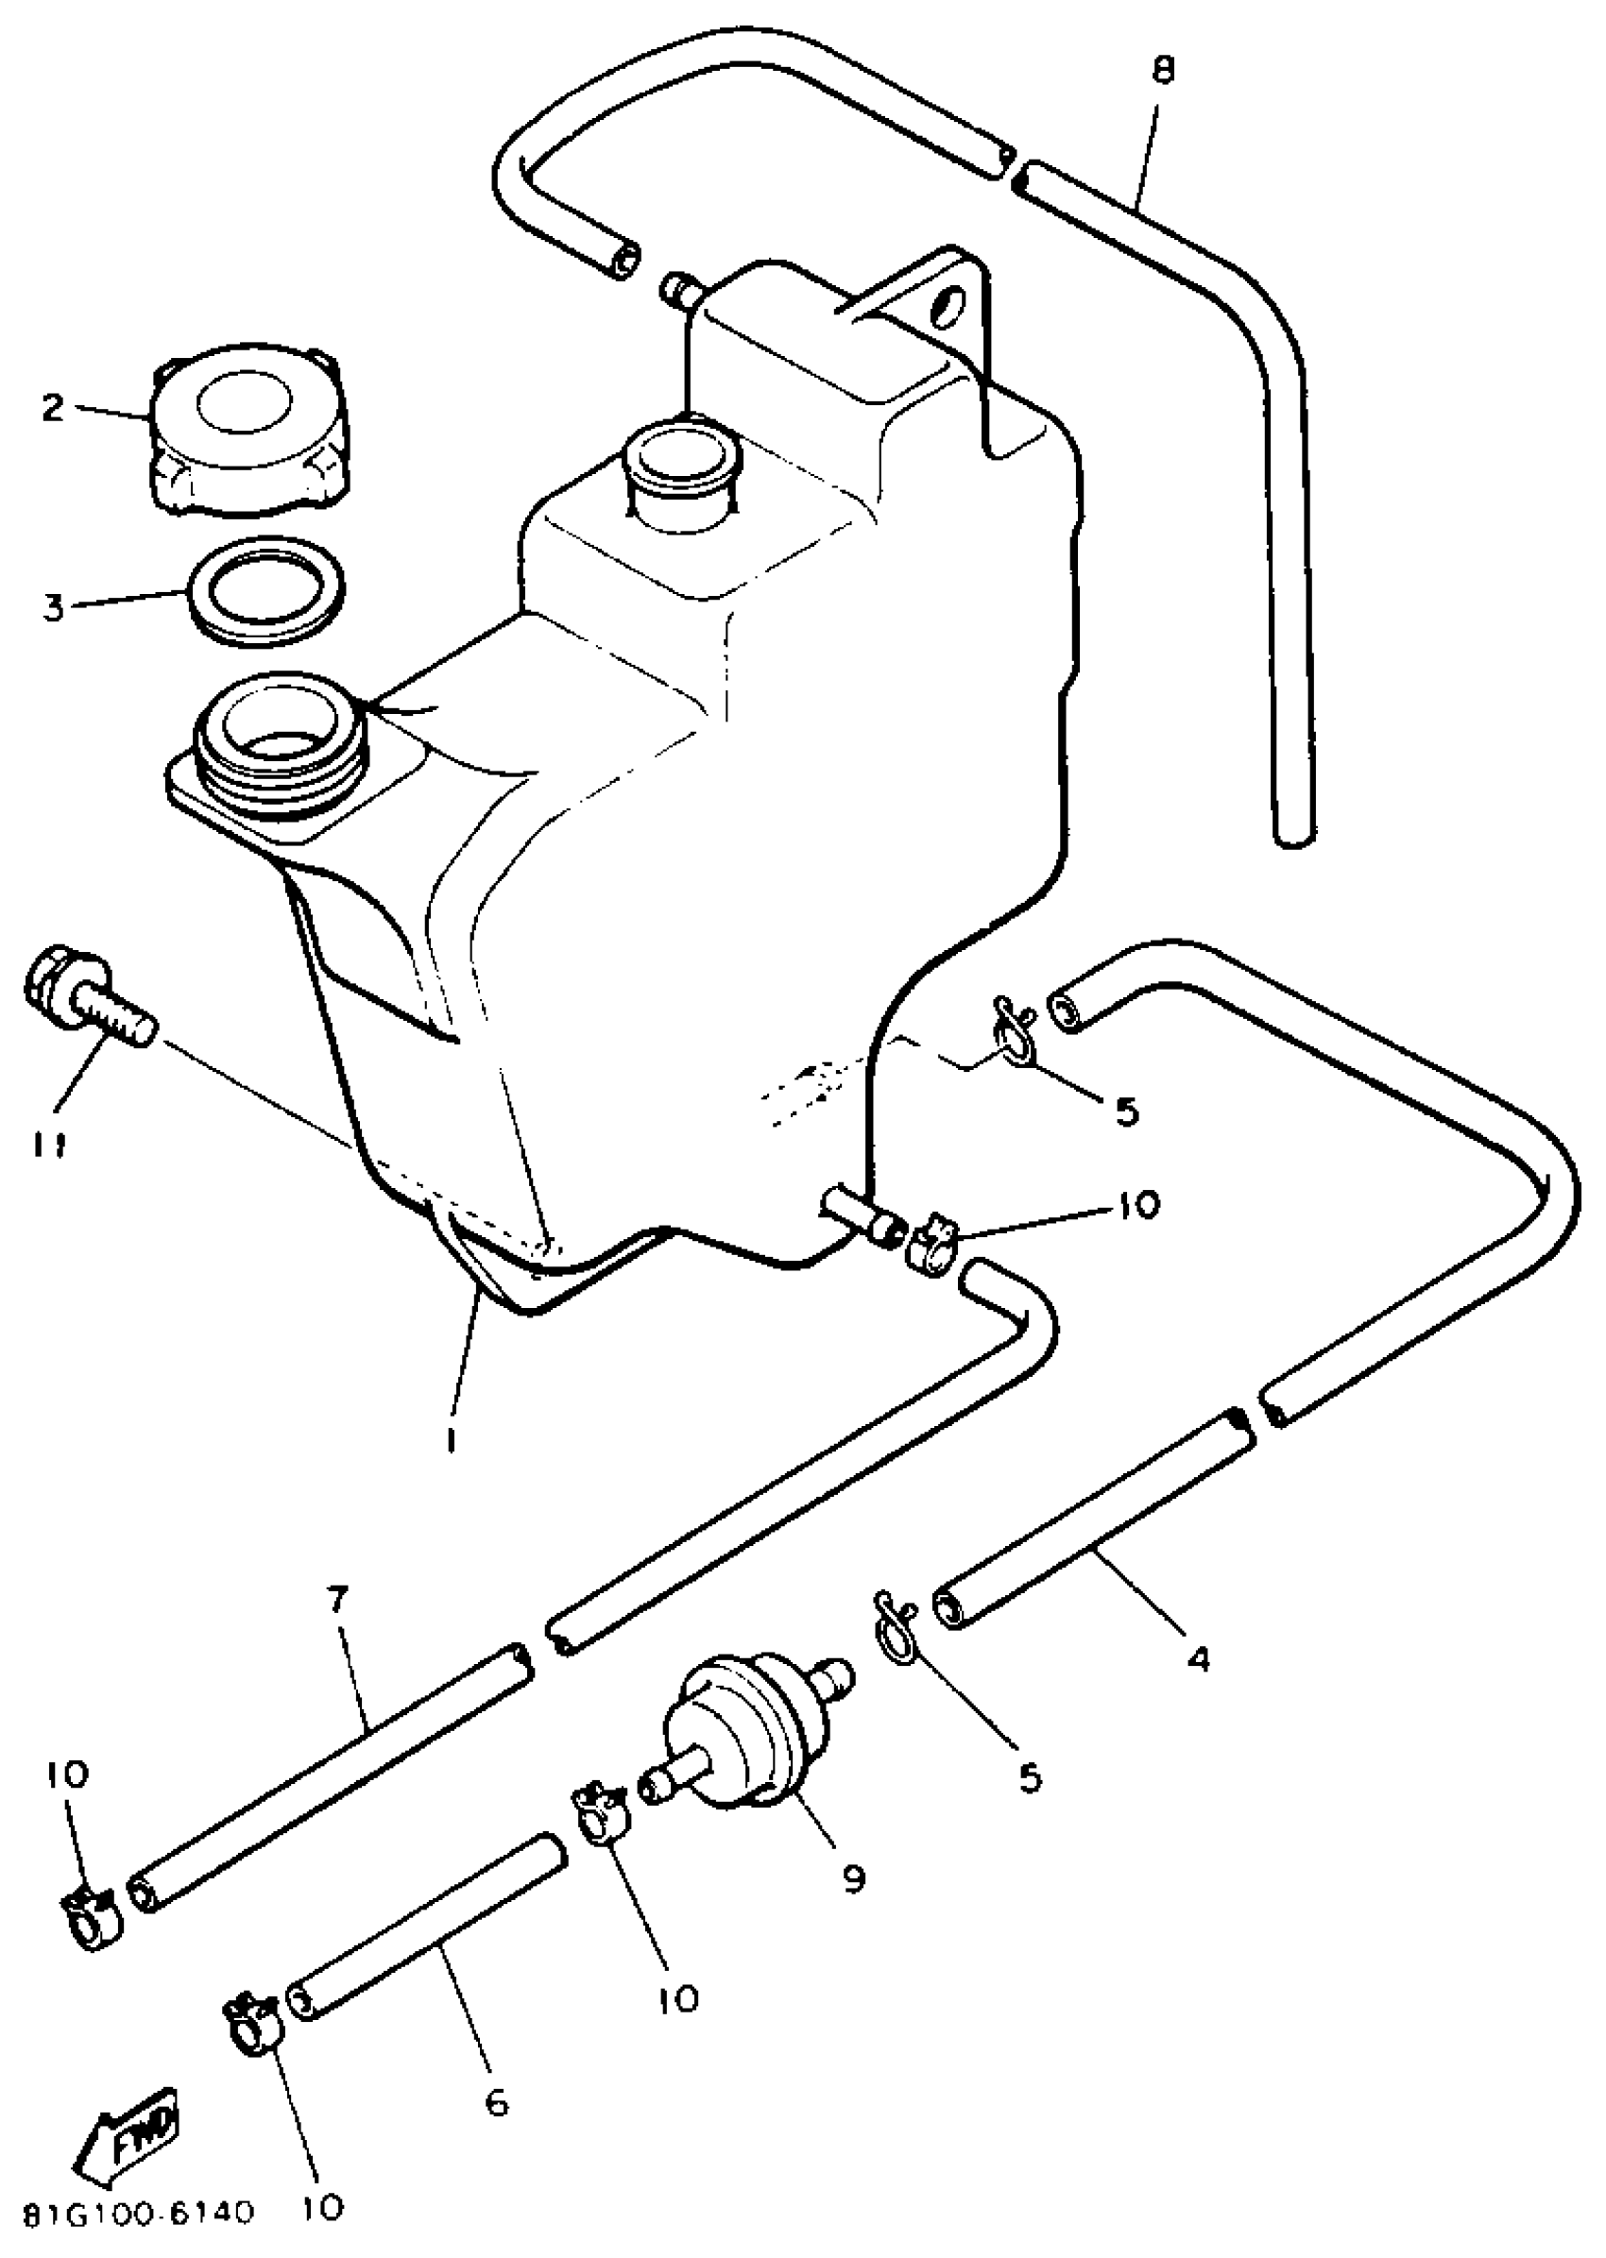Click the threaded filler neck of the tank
[x=282, y=741]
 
